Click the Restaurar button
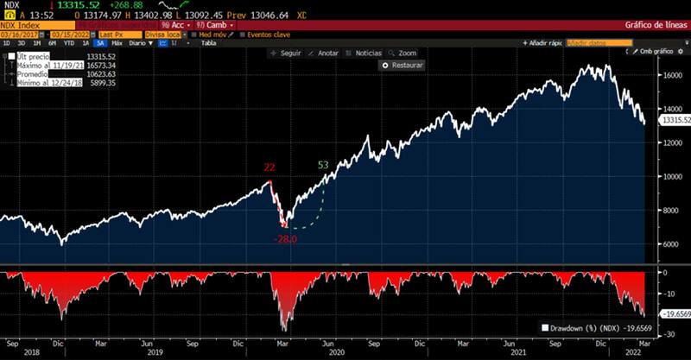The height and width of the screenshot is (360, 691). click(403, 65)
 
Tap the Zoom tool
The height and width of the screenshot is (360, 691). click(404, 53)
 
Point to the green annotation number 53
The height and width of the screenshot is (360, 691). click(323, 165)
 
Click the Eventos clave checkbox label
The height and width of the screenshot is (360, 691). click(267, 35)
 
